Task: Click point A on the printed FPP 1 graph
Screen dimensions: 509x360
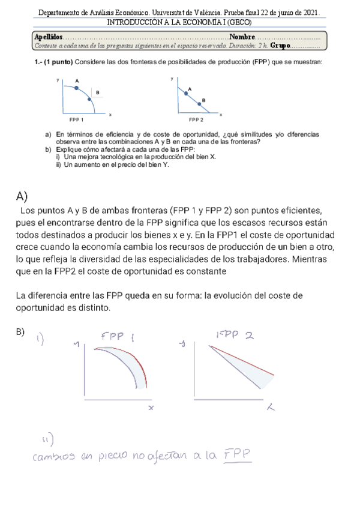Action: coord(77,88)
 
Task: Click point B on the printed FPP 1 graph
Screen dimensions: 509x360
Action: coord(90,100)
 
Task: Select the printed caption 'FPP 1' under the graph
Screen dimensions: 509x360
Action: coord(76,120)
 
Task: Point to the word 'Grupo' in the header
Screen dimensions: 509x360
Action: coord(280,45)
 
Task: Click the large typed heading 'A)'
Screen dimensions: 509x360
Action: coord(23,196)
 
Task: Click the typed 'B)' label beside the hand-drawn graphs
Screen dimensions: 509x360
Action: coord(20,333)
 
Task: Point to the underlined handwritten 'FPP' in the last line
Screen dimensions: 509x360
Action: coord(238,456)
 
